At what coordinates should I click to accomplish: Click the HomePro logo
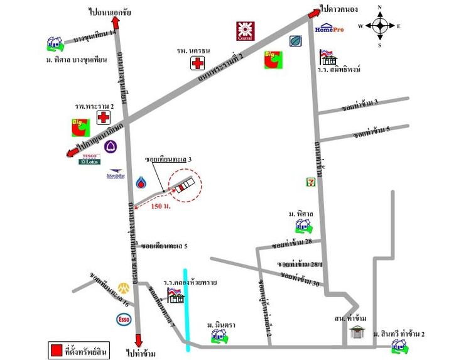[328, 29]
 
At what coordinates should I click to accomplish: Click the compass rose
[380, 26]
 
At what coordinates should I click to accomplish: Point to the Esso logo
[124, 319]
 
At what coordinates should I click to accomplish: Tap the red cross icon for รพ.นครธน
[198, 63]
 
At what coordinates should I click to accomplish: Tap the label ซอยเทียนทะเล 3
[167, 160]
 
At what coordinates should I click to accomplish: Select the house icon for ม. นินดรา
[219, 335]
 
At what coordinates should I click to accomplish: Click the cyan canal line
[187, 308]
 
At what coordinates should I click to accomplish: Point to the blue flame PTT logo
[141, 183]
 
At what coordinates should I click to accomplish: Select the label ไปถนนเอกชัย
[111, 11]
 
